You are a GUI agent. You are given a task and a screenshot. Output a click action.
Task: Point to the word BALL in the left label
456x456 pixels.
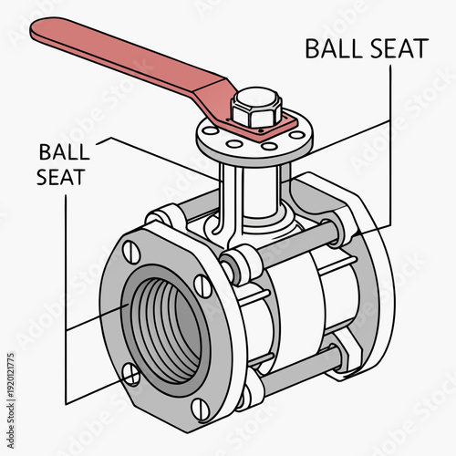tap(61, 151)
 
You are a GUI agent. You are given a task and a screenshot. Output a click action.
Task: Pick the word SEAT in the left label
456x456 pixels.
tap(61, 176)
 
